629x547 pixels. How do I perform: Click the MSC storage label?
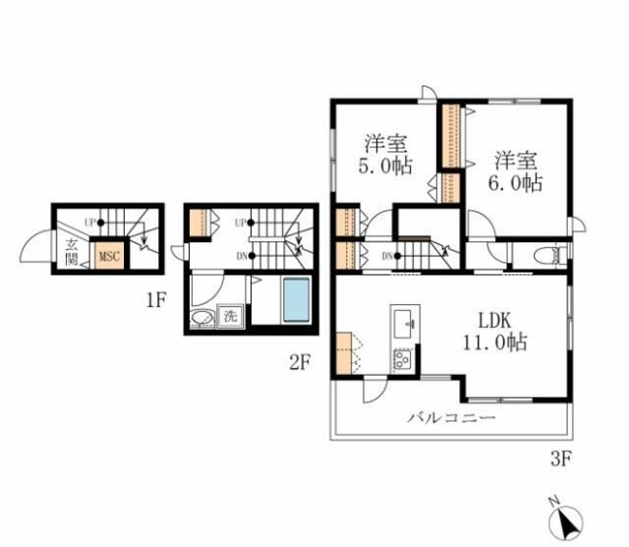click(109, 256)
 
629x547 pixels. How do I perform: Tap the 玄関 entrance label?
click(72, 253)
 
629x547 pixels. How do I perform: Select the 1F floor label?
click(156, 300)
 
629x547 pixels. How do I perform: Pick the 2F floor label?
click(300, 363)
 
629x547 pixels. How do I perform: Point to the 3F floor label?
click(560, 458)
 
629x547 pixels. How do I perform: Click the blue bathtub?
click(297, 300)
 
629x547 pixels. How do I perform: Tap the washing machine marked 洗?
click(230, 316)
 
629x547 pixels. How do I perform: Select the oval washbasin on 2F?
click(200, 318)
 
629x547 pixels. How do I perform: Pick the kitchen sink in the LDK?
click(404, 324)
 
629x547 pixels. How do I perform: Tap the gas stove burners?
click(402, 359)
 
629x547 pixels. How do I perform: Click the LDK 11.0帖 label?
click(495, 332)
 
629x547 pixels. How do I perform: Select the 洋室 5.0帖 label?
click(385, 154)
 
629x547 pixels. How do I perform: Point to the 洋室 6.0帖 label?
click(515, 171)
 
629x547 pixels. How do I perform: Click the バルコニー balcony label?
click(451, 418)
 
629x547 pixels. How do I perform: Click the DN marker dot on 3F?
click(397, 256)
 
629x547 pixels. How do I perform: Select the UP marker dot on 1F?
click(100, 222)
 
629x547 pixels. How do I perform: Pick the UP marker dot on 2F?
click(252, 222)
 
